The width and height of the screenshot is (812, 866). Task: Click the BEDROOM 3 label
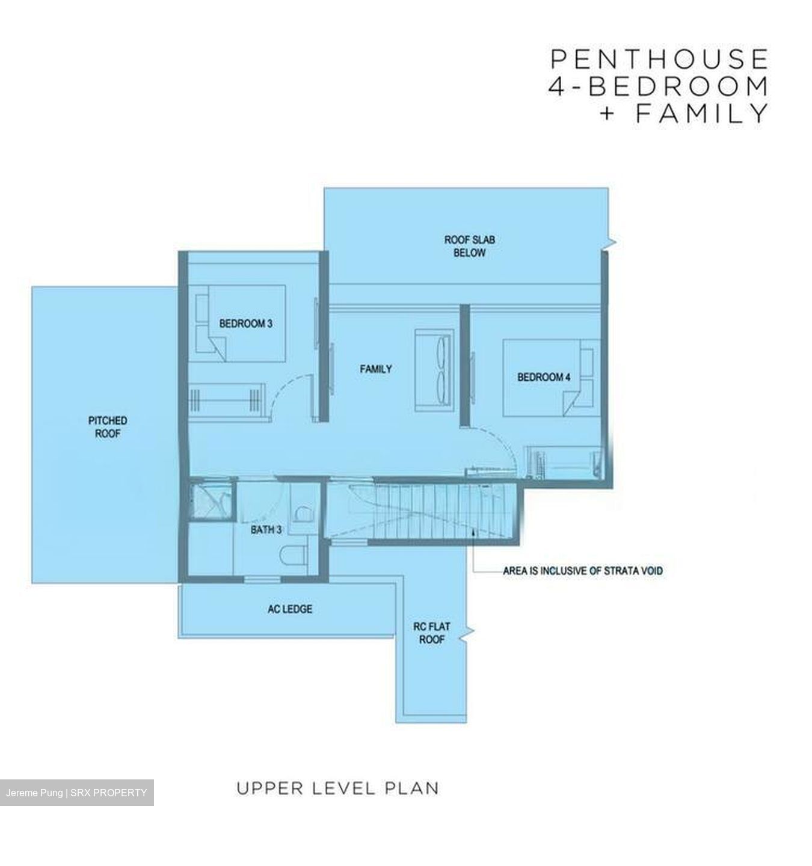(245, 324)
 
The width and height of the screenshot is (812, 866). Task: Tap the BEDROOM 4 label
(544, 377)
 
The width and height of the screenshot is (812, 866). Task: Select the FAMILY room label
(376, 369)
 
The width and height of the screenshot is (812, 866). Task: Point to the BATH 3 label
(266, 530)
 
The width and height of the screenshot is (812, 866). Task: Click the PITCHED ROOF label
(108, 426)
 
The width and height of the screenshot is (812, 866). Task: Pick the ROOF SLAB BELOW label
(469, 246)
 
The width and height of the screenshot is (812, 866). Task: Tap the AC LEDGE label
(290, 609)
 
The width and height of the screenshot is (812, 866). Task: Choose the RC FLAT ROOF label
(431, 633)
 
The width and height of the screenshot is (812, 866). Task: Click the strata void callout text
(582, 571)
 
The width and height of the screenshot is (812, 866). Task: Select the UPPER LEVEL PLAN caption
(337, 788)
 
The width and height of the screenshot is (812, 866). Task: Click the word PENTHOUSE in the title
(659, 60)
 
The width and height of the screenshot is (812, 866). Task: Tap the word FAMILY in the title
(701, 112)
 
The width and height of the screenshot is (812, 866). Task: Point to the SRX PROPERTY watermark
(108, 793)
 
